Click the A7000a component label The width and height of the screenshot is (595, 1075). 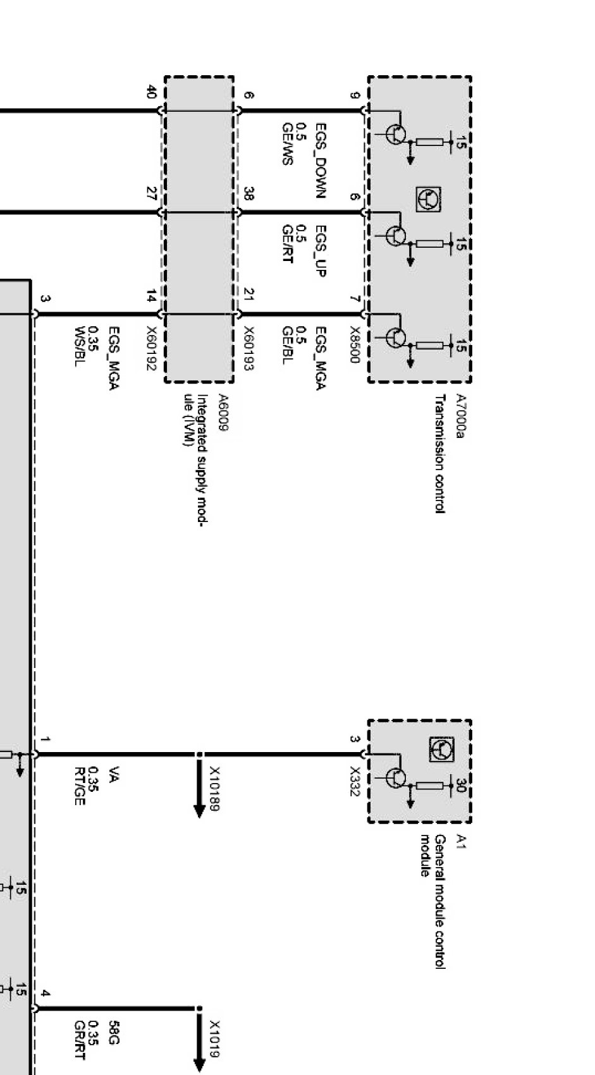pyautogui.click(x=460, y=416)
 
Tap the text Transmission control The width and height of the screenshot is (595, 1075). pyautogui.click(x=439, y=454)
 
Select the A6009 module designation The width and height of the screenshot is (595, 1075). pyautogui.click(x=223, y=413)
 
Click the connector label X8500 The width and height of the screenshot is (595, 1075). pyautogui.click(x=355, y=345)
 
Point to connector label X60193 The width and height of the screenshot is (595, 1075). pyautogui.click(x=248, y=348)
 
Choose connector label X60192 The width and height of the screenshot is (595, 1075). pyautogui.click(x=151, y=348)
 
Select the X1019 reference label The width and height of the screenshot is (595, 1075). pyautogui.click(x=214, y=1040)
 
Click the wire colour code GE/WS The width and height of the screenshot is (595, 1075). pyautogui.click(x=287, y=145)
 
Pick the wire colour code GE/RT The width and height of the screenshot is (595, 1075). pyautogui.click(x=287, y=245)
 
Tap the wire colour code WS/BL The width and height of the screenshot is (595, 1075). pyautogui.click(x=80, y=346)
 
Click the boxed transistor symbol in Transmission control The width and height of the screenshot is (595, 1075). pyautogui.click(x=428, y=199)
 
